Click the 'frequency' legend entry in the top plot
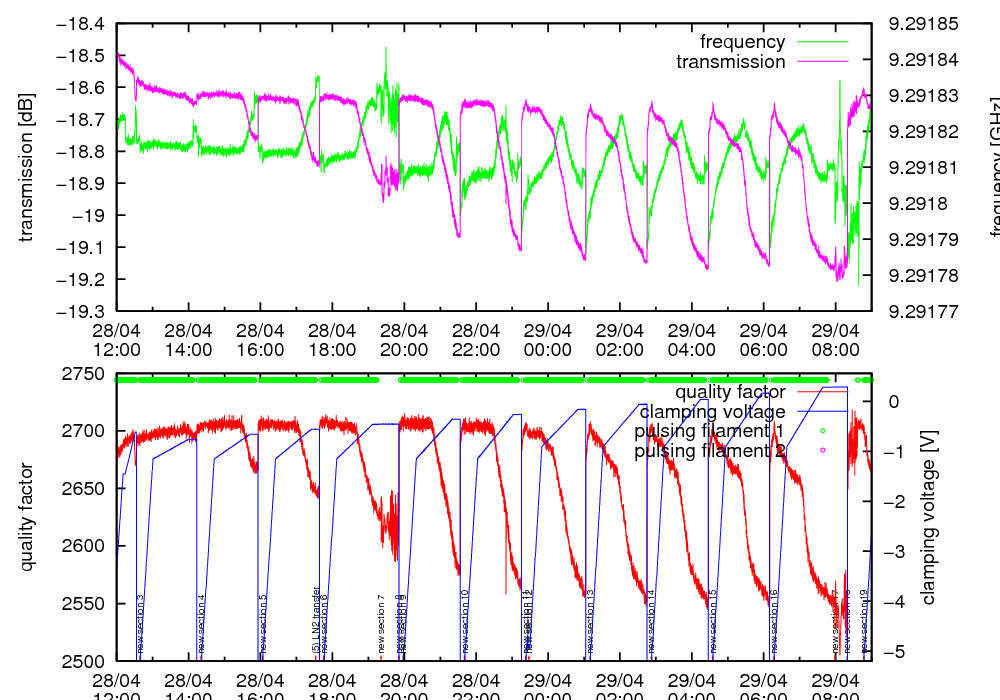click(742, 42)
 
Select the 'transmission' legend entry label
click(730, 62)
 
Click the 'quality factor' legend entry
click(729, 392)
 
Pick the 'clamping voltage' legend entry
click(711, 412)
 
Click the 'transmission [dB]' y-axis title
click(26, 167)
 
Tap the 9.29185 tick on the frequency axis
click(923, 24)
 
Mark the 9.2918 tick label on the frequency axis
click(916, 203)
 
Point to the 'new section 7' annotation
click(381, 625)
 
